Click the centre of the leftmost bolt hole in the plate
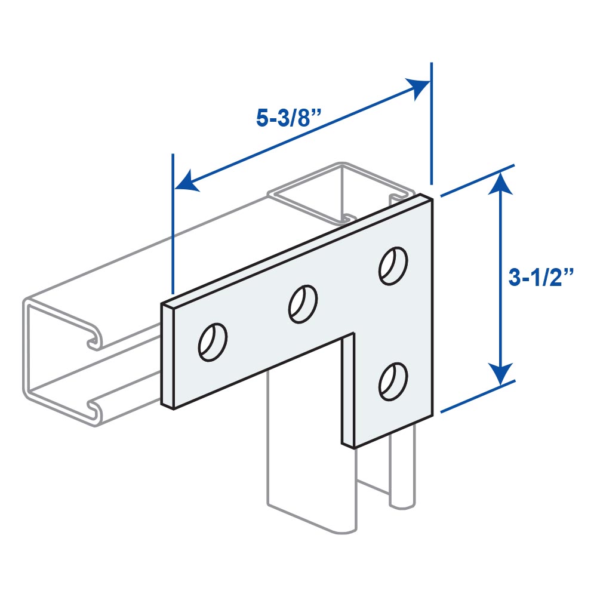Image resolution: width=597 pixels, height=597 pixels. click(213, 342)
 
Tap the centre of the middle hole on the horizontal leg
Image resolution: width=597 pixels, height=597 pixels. click(303, 304)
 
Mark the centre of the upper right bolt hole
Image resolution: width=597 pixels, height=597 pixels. click(393, 266)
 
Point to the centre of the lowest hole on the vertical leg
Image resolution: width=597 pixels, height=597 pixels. click(393, 381)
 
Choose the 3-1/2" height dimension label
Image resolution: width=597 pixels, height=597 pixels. click(541, 277)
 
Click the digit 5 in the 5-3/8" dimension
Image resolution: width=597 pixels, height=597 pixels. click(263, 118)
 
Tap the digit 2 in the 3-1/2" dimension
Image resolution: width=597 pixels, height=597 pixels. click(555, 277)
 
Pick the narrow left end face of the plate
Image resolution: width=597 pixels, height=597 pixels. click(167, 356)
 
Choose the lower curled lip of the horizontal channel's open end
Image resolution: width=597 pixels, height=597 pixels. click(94, 410)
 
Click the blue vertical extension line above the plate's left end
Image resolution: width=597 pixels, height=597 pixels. click(173, 224)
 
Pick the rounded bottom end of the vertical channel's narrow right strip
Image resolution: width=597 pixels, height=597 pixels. click(402, 506)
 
